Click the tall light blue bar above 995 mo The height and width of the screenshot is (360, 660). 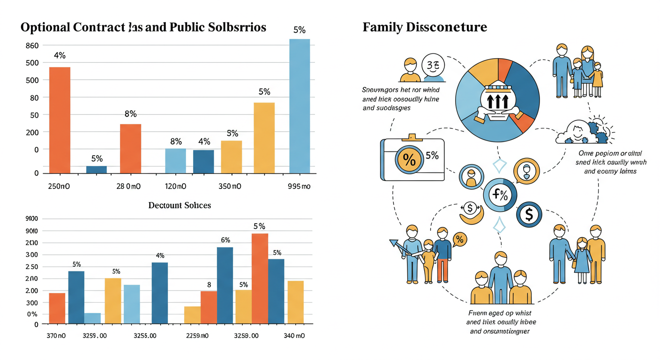coord(300,106)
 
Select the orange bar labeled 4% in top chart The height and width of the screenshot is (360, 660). coord(60,120)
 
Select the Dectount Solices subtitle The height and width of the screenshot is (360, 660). coord(180,205)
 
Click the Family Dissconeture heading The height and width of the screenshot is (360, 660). coord(425,27)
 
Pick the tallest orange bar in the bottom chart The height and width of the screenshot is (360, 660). coord(260,278)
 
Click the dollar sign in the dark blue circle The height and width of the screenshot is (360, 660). coord(529,215)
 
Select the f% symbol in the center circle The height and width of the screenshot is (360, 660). coord(500,195)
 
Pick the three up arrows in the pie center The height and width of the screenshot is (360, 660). coord(498,100)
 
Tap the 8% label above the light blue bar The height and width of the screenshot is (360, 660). coord(176,142)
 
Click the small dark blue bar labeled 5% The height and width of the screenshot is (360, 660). coord(97,169)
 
